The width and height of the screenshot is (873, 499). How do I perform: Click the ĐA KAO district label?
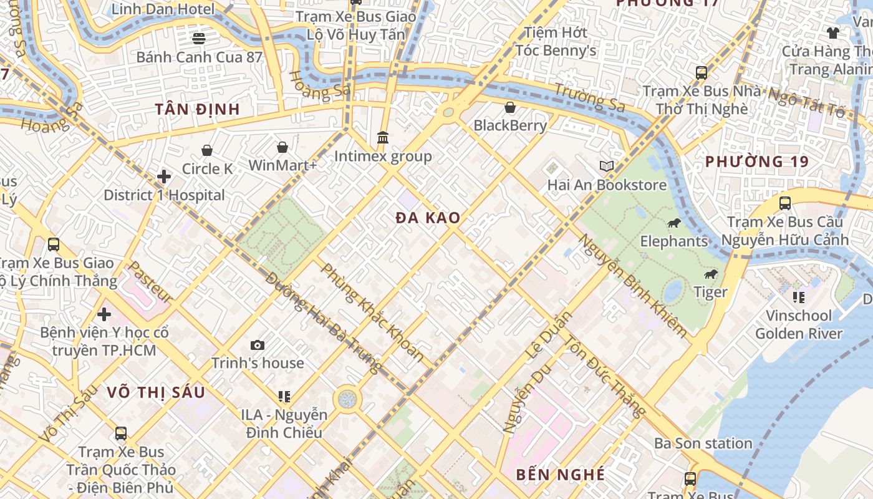pos(428,218)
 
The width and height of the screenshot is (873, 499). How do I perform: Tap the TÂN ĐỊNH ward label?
pos(197,109)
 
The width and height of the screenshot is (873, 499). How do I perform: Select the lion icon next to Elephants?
pos(673,223)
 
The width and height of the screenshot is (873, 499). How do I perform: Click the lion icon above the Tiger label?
pos(710,274)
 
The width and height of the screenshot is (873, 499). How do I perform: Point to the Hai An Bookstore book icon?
pos(606,166)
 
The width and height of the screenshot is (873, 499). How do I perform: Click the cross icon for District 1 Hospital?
pos(164,177)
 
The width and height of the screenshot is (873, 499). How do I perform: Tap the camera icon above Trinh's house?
pos(258,345)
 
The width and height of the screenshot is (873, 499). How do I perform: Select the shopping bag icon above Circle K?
pos(207,150)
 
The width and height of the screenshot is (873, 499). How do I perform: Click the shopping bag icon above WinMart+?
pos(282,147)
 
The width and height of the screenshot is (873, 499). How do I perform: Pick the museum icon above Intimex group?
pos(383,137)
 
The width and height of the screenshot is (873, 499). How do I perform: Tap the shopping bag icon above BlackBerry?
pos(510,107)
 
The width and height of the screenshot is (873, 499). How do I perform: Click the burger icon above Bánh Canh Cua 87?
pos(199,39)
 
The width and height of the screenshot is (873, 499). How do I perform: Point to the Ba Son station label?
pos(703,443)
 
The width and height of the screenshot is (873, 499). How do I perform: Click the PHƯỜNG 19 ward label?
pos(756,162)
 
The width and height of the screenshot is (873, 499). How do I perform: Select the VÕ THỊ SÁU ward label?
pos(155,392)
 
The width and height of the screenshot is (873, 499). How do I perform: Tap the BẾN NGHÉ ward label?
pos(560,475)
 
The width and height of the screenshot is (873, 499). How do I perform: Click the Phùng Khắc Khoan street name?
pos(372,313)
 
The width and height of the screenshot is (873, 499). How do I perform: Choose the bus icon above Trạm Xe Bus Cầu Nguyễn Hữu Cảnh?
pos(784,203)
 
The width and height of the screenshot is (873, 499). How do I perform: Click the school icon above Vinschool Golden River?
pos(798,297)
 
